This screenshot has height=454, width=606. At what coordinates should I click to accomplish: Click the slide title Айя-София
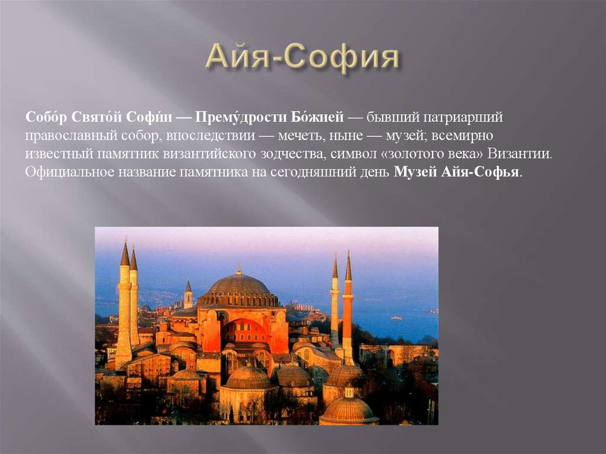(x=302, y=59)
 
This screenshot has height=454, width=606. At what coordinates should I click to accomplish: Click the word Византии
(x=522, y=154)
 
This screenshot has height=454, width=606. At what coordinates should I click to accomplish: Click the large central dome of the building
(x=238, y=287)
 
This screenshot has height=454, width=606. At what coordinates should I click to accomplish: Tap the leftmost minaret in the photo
(x=124, y=302)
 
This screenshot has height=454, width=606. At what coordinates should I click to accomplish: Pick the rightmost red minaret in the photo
(x=348, y=308)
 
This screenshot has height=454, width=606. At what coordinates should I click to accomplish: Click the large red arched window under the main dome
(x=244, y=334)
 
